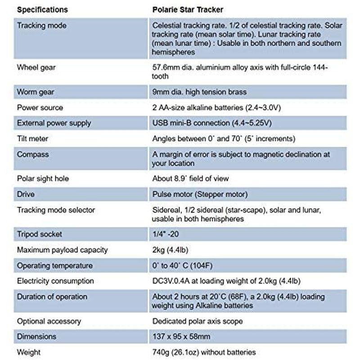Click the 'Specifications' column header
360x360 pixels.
[42, 9]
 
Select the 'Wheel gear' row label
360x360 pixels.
[36, 68]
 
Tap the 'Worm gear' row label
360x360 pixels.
[36, 92]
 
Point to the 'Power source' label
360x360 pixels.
[40, 108]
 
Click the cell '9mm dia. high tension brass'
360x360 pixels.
[199, 92]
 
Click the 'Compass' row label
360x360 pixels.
[33, 154]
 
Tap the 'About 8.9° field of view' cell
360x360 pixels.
[191, 179]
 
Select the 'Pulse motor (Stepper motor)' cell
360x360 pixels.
[200, 194]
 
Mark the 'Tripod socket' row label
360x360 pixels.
[40, 234]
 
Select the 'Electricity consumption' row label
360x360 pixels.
[55, 281]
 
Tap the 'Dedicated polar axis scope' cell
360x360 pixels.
[198, 321]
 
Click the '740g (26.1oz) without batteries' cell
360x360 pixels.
[204, 352]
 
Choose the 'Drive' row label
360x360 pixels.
[26, 194]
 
